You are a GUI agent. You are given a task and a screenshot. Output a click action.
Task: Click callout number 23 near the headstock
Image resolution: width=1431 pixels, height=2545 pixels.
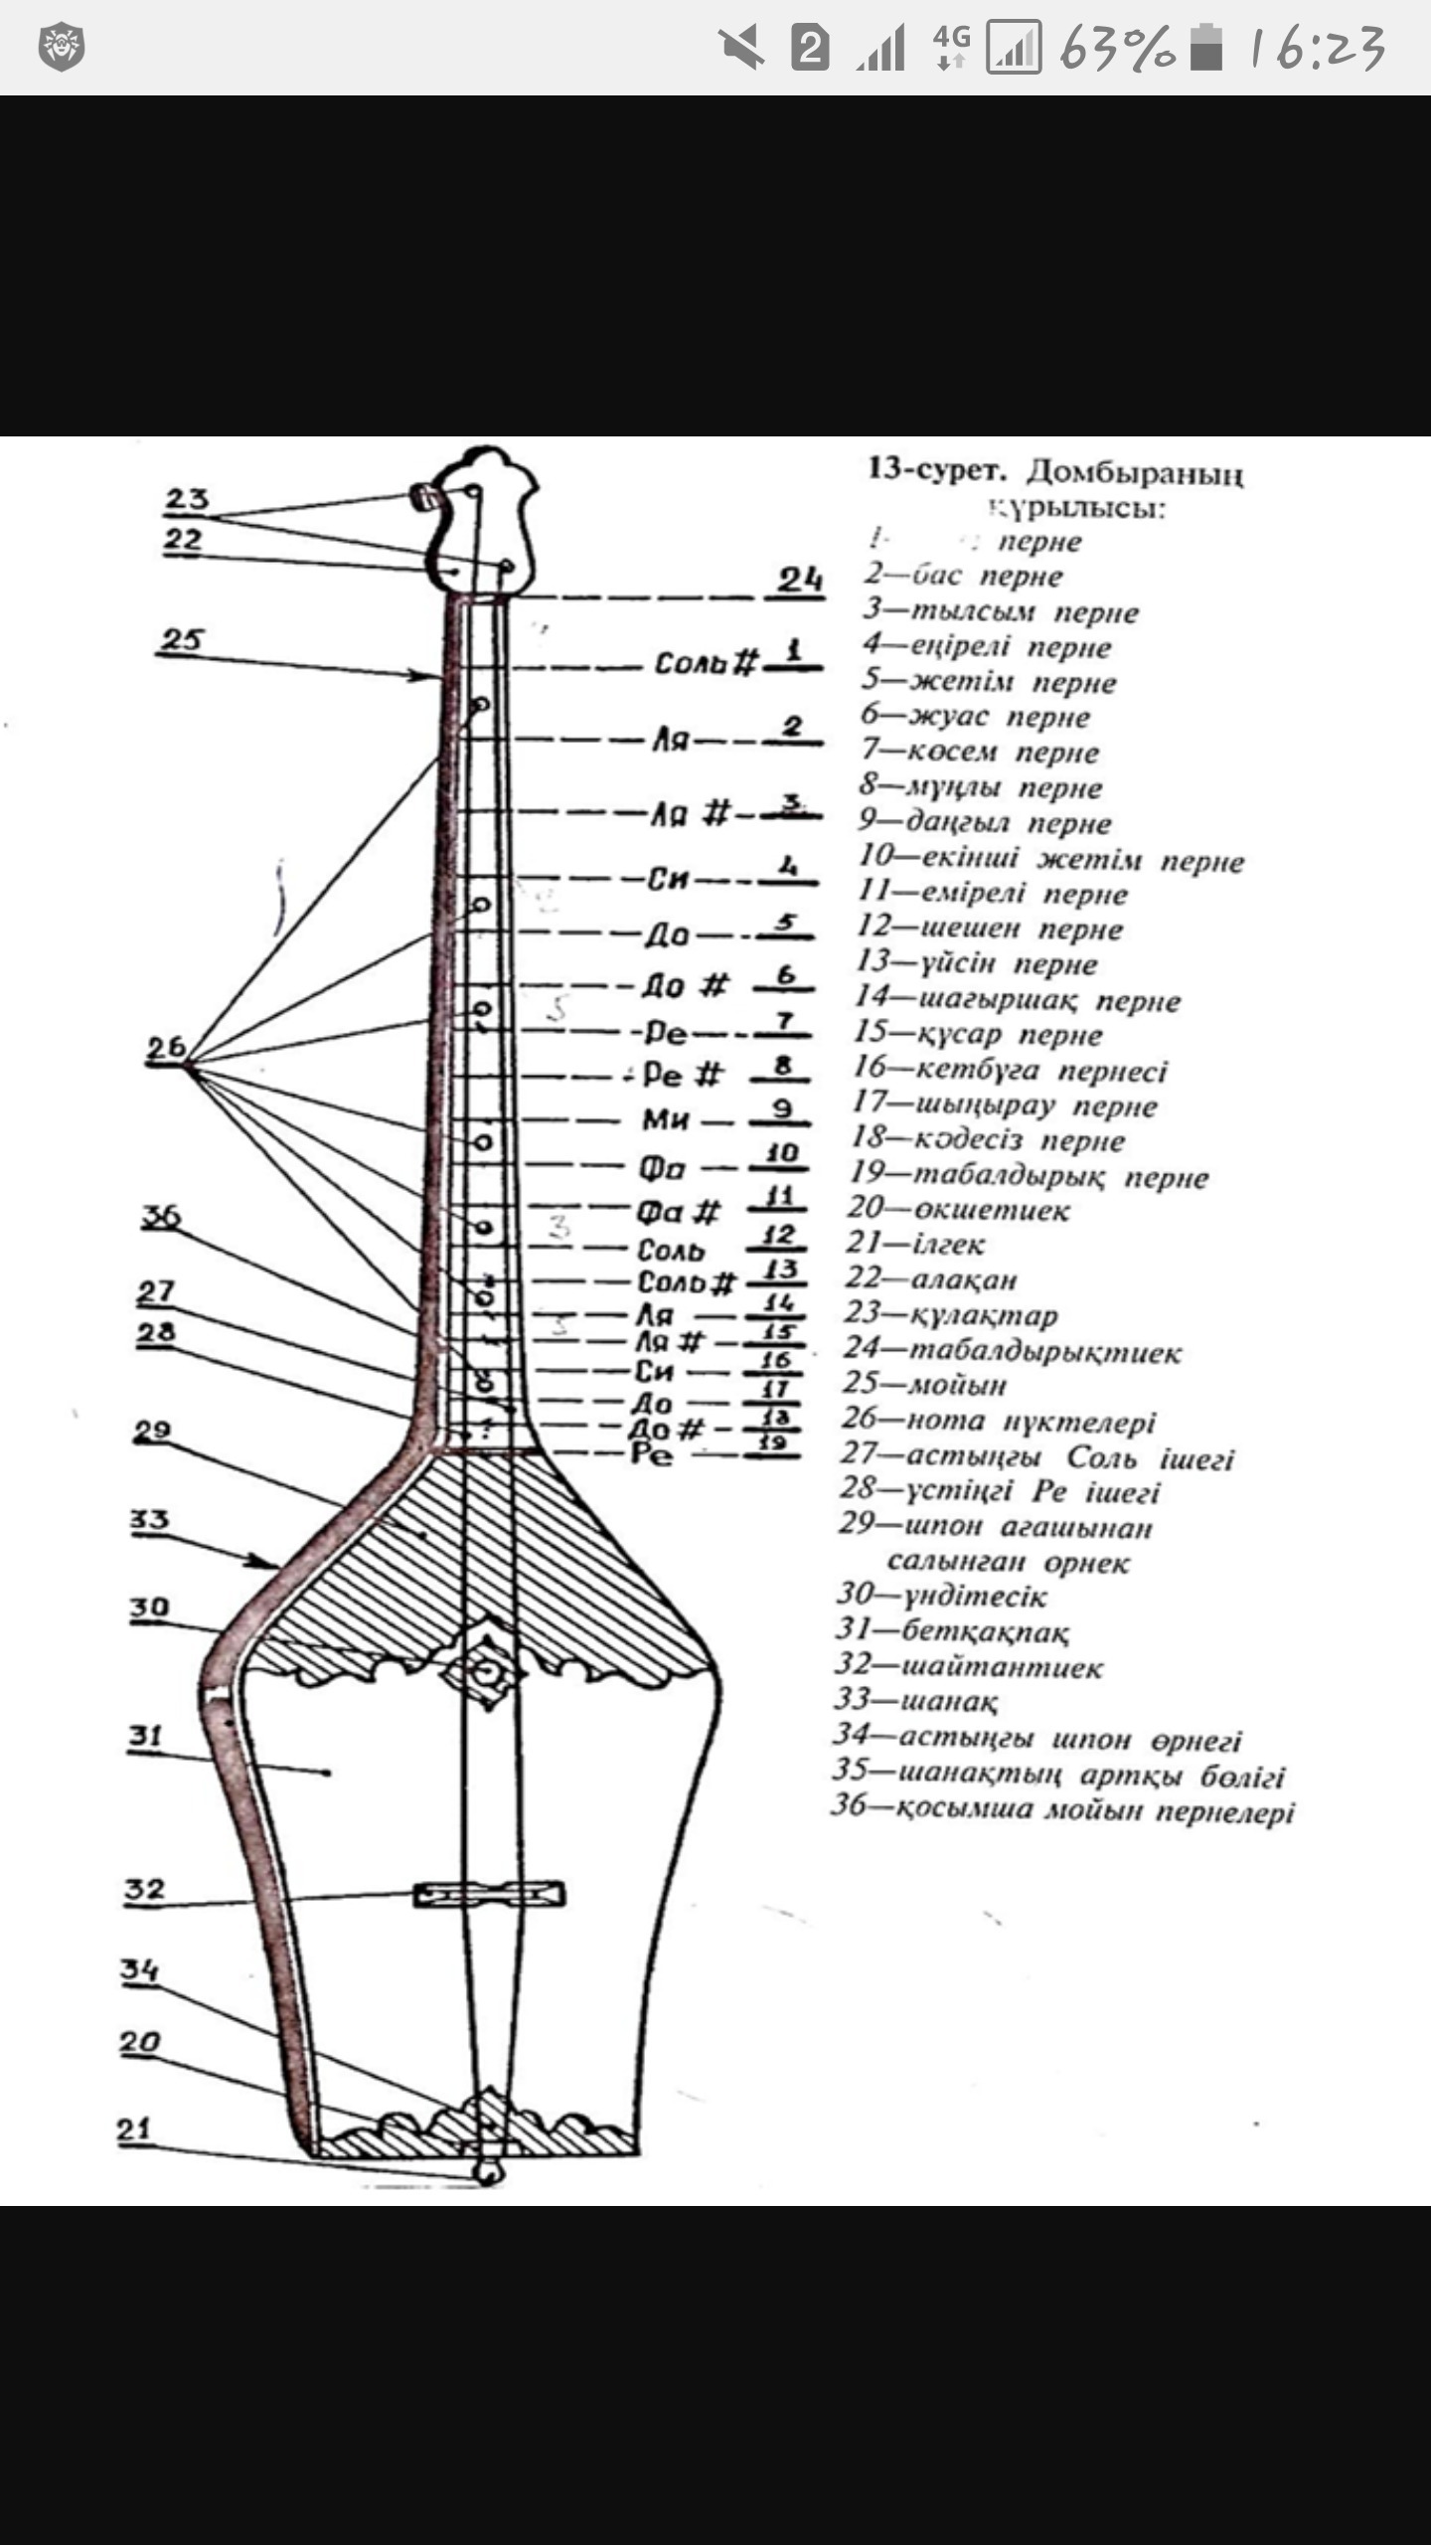[x=187, y=499]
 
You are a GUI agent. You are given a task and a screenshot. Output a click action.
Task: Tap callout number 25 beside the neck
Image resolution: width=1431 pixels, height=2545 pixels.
[x=181, y=640]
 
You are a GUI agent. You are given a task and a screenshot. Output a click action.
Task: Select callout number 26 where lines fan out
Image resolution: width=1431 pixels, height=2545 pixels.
[x=166, y=1048]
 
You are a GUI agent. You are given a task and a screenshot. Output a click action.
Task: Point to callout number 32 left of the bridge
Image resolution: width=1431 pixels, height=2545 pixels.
[x=144, y=1889]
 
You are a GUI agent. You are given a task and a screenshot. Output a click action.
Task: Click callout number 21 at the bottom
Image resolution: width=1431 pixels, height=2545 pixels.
[x=134, y=2129]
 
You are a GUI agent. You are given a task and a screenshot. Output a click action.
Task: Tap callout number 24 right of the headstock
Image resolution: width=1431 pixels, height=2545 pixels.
[x=799, y=580]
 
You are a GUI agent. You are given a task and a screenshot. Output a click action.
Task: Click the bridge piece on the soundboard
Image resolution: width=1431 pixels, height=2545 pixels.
[x=490, y=1894]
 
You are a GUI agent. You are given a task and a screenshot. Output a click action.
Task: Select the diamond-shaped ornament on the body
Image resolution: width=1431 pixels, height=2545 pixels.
[x=486, y=1671]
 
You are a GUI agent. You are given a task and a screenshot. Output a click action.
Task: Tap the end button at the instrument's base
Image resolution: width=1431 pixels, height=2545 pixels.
[x=487, y=2173]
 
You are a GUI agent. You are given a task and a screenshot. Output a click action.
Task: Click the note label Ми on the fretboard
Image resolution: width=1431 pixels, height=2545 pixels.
[x=666, y=1120]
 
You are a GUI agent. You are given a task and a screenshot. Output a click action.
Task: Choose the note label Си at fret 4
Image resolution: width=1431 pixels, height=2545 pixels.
[x=669, y=879]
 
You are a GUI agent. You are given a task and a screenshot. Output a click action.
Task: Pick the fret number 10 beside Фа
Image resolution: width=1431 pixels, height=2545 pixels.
[x=782, y=1153]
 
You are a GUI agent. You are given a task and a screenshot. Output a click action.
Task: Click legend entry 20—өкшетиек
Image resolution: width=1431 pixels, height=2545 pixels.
[x=958, y=1210]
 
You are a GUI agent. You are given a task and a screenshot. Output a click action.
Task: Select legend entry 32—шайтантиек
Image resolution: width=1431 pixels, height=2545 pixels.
[x=969, y=1667]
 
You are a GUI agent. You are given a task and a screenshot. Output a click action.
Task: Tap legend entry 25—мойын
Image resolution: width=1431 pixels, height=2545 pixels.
[x=924, y=1384]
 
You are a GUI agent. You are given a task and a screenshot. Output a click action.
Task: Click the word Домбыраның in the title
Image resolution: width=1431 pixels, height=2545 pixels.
[x=1135, y=472]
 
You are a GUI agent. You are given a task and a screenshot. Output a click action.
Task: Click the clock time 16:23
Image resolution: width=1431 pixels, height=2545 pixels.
[x=1317, y=48]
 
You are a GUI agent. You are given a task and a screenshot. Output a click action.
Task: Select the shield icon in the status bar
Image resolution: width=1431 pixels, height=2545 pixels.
[x=62, y=47]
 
